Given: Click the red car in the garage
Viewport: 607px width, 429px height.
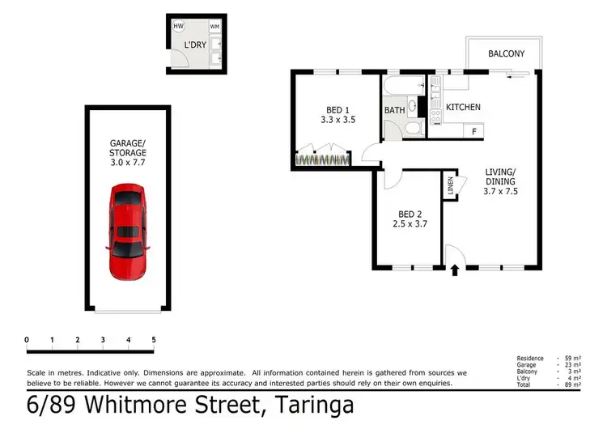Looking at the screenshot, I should [128, 231].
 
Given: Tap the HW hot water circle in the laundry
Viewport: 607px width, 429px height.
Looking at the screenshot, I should [178, 26].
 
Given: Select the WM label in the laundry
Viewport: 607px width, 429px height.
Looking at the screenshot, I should [214, 27].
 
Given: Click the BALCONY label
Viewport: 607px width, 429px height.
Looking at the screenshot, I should [506, 54].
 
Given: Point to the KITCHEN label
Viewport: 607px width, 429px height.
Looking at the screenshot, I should [464, 107].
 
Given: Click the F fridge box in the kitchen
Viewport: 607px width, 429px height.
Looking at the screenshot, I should [473, 130].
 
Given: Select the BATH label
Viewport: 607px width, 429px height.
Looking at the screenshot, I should [395, 110].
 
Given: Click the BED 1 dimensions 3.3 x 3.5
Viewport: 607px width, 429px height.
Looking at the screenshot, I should [337, 119].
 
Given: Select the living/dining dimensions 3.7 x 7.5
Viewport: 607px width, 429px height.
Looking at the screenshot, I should [502, 193].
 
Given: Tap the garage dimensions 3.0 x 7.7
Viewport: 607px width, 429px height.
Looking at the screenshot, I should [129, 162].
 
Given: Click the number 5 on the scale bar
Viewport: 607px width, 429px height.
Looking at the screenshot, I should [153, 339].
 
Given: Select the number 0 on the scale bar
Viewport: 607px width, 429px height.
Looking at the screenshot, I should [27, 339].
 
